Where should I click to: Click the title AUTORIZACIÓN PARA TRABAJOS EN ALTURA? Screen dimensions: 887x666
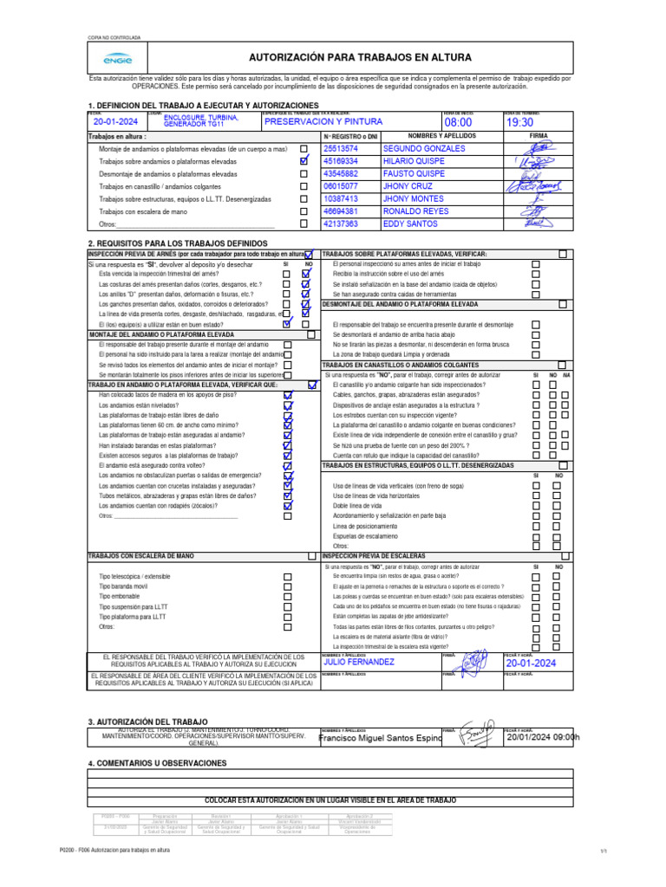click(x=360, y=57)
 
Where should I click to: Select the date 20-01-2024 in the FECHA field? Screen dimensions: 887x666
click(x=115, y=122)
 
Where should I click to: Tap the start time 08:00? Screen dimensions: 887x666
click(x=458, y=123)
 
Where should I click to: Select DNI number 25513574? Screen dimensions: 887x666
click(x=340, y=149)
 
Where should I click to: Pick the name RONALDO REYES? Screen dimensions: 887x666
click(x=415, y=211)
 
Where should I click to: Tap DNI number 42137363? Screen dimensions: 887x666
click(x=340, y=223)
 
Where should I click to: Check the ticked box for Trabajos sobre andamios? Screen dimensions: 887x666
click(x=303, y=161)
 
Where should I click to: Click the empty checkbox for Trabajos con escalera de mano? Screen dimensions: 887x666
click(x=303, y=211)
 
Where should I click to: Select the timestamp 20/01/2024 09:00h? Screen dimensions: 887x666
click(x=542, y=737)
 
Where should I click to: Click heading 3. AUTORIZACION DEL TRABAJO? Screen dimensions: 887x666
click(x=147, y=722)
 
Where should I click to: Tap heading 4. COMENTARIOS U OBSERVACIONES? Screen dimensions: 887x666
click(x=158, y=763)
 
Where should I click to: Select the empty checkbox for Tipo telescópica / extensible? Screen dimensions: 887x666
click(x=287, y=576)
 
